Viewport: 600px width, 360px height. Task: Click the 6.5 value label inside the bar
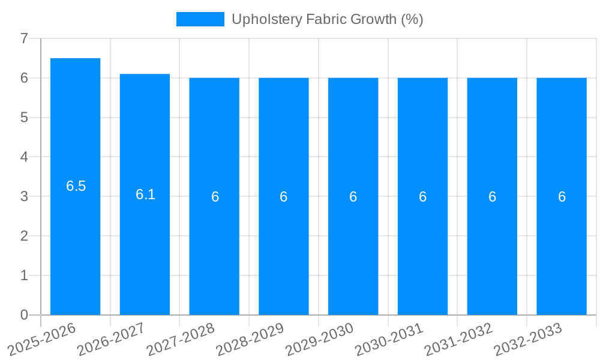[76, 186]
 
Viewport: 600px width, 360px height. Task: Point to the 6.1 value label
[145, 194]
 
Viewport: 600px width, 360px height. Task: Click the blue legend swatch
[200, 19]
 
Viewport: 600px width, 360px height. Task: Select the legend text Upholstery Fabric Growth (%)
[328, 19]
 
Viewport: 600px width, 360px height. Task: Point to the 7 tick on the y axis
[24, 38]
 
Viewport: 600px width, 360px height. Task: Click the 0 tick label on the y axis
[24, 315]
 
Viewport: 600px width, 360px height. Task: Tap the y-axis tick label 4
[24, 157]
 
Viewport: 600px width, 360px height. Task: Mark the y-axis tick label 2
[24, 236]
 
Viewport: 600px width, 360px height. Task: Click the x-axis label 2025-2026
[40, 340]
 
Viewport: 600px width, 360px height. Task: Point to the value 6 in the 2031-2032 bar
[492, 197]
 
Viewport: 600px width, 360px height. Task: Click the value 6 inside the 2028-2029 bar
[284, 197]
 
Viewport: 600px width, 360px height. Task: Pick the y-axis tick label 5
[24, 118]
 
